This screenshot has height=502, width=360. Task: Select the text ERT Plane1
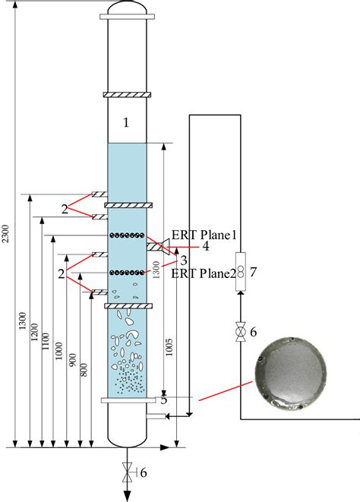pyautogui.click(x=204, y=235)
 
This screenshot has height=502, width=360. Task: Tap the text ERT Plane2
pyautogui.click(x=204, y=273)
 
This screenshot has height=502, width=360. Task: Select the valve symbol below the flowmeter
pyautogui.click(x=240, y=333)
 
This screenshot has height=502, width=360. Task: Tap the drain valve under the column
pyautogui.click(x=128, y=472)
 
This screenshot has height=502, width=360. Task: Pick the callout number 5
pyautogui.click(x=163, y=399)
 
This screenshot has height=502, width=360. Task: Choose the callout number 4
pyautogui.click(x=205, y=247)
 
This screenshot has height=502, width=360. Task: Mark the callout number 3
pyautogui.click(x=185, y=260)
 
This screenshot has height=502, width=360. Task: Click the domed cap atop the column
pyautogui.click(x=128, y=9)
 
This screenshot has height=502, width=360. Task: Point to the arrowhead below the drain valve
pyautogui.click(x=128, y=494)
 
